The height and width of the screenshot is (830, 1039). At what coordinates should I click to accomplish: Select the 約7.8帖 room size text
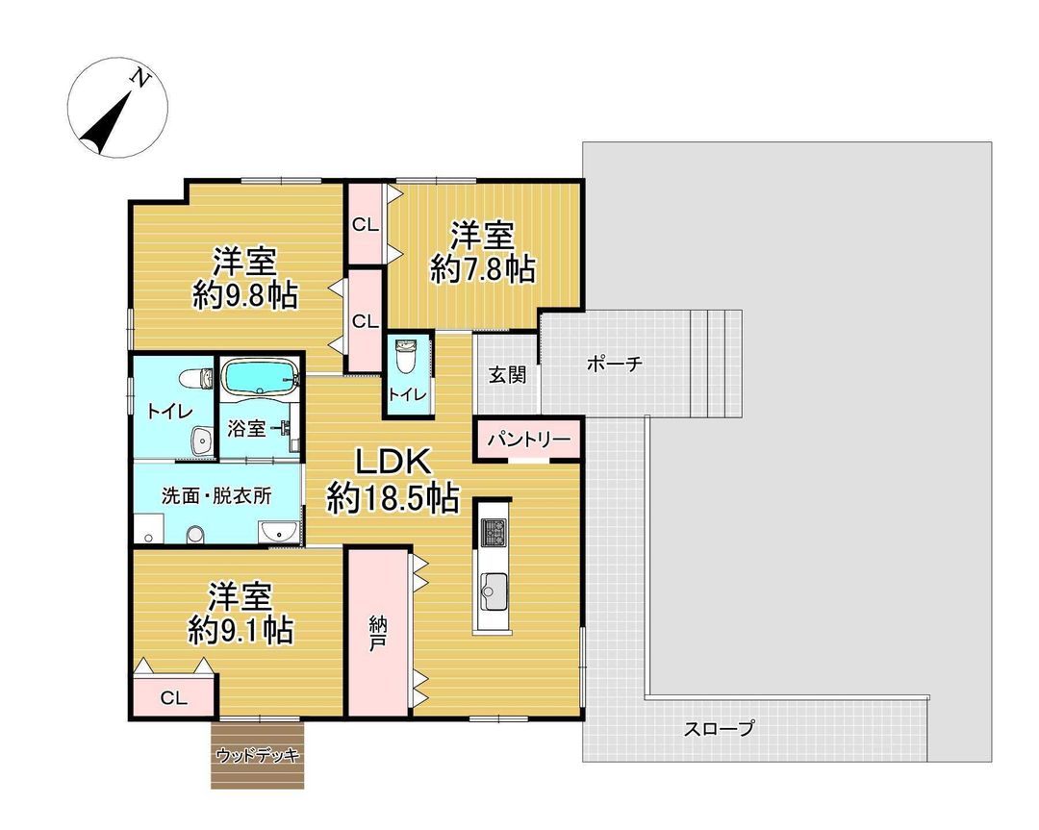(x=483, y=269)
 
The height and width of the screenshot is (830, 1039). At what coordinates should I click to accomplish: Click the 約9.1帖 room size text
(x=241, y=630)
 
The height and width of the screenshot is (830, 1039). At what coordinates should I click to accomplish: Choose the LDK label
(x=392, y=463)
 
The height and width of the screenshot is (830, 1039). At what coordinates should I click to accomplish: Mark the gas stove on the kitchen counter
(x=494, y=532)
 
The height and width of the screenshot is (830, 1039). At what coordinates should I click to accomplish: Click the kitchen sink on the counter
(x=494, y=585)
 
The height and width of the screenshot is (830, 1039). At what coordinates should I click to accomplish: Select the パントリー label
(x=528, y=440)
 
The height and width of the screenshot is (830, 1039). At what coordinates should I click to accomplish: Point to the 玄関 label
(x=507, y=375)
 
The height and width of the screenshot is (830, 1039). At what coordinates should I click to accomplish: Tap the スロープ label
(x=719, y=729)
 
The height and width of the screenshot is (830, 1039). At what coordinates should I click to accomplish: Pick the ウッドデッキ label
(x=258, y=754)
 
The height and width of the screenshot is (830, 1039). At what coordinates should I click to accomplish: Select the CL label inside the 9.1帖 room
(x=173, y=697)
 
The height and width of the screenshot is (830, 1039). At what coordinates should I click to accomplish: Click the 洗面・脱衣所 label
(x=215, y=497)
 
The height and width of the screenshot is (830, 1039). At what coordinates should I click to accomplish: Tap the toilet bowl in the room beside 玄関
(x=405, y=358)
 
